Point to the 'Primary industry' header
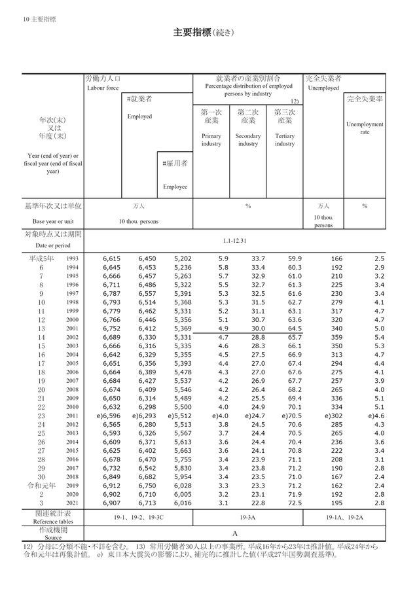(211, 139)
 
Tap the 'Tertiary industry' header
(285, 139)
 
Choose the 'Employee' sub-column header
(175, 187)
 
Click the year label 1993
(72, 259)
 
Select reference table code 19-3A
(247, 517)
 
